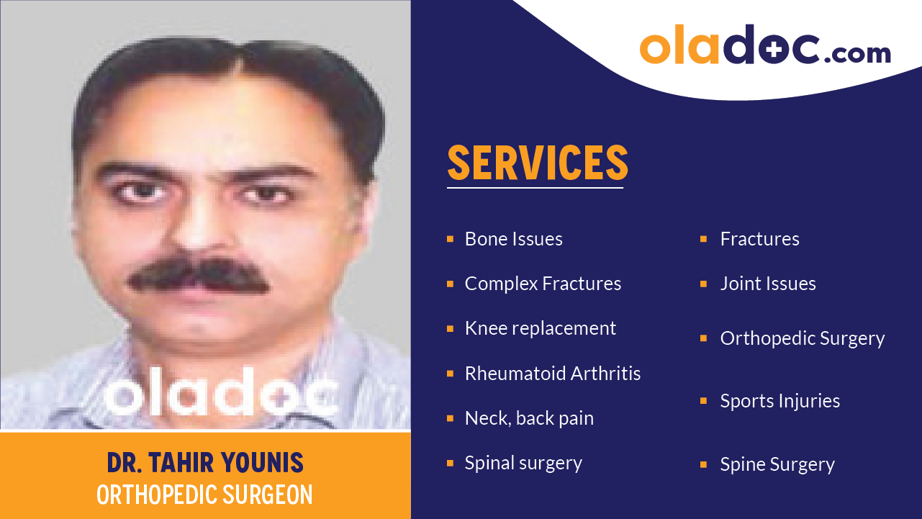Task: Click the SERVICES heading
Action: tap(537, 163)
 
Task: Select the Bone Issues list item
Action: tap(513, 239)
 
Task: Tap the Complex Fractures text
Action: tap(543, 284)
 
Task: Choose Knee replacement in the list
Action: tap(540, 328)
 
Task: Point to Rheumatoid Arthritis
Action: tap(552, 374)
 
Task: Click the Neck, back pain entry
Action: tap(529, 418)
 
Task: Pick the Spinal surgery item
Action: tap(523, 463)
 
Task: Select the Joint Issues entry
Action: tap(767, 284)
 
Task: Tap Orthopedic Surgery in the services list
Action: tap(802, 338)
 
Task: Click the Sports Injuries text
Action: tap(779, 401)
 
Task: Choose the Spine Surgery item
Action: tap(777, 464)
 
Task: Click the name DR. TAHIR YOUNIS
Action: tap(205, 462)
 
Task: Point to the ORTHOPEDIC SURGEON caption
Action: tap(205, 495)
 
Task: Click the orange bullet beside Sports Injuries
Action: tap(703, 401)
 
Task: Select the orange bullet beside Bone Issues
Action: tap(450, 239)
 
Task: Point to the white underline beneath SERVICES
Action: tap(535, 188)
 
